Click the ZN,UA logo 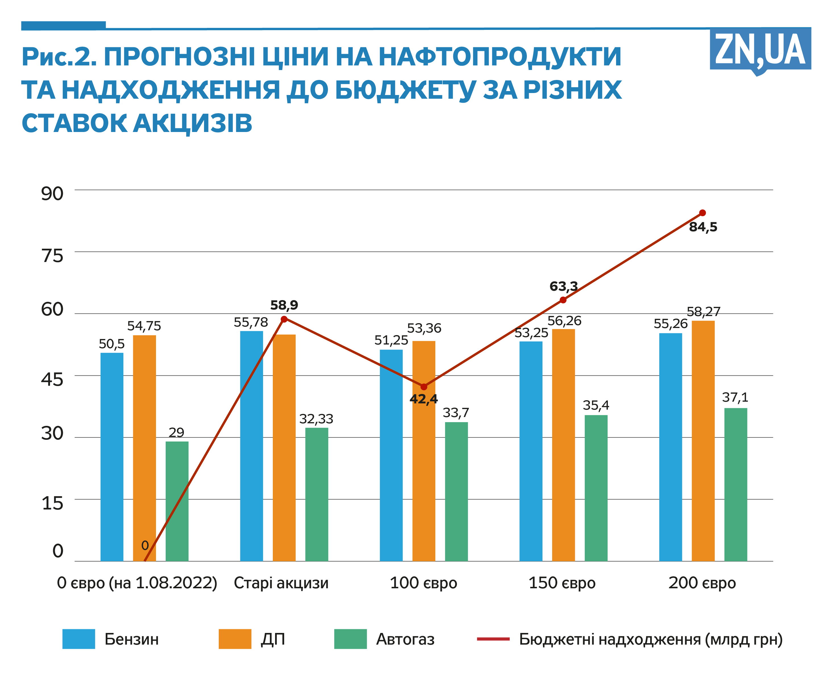pos(760,50)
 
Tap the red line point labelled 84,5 pos(702,213)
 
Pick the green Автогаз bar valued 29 pos(177,501)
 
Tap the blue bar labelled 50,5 pos(112,457)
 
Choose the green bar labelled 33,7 pos(456,491)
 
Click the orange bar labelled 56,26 pos(563,445)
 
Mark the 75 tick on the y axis pos(52,256)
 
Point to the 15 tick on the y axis pos(52,504)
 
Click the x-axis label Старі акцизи pos(281,583)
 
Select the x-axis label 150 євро pos(562,583)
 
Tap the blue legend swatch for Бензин pos(78,639)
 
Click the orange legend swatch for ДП pos(235,639)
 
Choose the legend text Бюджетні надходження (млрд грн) pos(650,639)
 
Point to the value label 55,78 pos(251,322)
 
